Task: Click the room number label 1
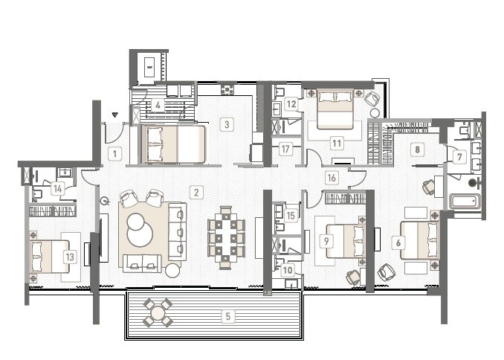point(114,155)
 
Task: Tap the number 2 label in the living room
point(196,193)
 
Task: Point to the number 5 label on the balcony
point(228,315)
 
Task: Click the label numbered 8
point(418,150)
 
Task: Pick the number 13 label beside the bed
point(70,257)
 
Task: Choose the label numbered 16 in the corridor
point(332,177)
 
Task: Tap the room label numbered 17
point(285,149)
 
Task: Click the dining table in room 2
point(224,236)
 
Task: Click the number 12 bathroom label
point(291,105)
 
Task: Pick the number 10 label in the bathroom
point(288,271)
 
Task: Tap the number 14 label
point(58,189)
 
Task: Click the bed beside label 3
point(174,144)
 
